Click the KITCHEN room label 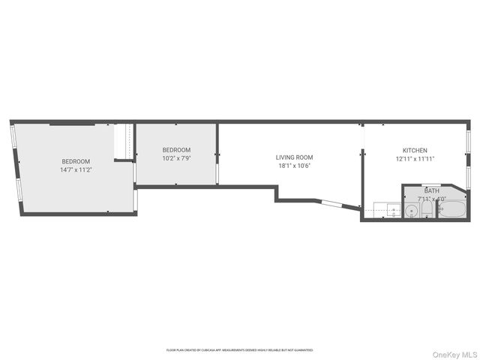coord(415,150)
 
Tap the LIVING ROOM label coord(294,157)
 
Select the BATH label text coord(431,191)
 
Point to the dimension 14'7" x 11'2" coord(76,170)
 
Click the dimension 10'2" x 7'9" coord(176,158)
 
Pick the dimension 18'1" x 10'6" coord(294,166)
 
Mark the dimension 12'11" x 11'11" coord(415,158)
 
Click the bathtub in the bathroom coord(453,211)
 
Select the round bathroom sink coord(411,211)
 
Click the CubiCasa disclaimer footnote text coord(239,349)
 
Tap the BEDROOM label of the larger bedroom coord(76,162)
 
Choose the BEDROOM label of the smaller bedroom coord(176,150)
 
